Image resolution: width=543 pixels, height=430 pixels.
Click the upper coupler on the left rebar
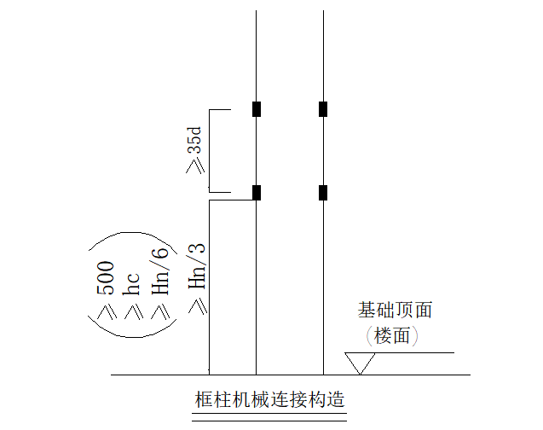coord(256,108)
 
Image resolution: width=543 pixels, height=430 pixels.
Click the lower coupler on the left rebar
coord(256,192)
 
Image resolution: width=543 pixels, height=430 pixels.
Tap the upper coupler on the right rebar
coord(323,108)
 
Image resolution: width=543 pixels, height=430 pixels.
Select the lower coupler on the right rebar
coord(323,192)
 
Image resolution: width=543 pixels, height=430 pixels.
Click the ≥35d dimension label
coord(194,150)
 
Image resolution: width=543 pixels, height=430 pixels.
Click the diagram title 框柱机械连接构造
coord(269,399)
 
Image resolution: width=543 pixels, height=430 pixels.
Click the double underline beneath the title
coord(269,417)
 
